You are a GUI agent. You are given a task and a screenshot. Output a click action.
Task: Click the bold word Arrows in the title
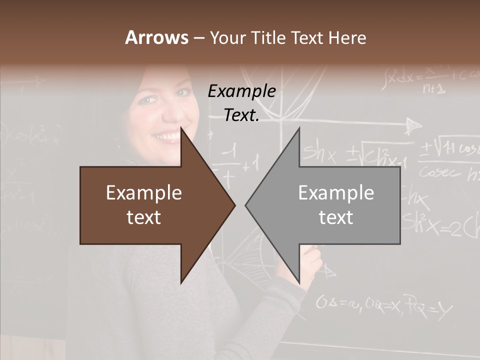[x=156, y=37]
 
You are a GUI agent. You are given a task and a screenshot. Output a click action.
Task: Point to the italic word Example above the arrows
[x=241, y=91]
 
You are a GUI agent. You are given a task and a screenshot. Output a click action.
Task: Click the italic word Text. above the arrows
[x=241, y=115]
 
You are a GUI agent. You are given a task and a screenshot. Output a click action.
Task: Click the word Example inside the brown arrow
[x=144, y=193]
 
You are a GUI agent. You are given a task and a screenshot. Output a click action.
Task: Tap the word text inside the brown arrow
[x=144, y=217]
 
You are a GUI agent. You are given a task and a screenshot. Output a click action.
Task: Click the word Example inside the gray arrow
[x=336, y=193]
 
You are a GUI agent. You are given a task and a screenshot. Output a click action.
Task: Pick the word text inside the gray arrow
[x=336, y=217]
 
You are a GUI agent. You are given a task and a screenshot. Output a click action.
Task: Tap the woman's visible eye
[x=145, y=100]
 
